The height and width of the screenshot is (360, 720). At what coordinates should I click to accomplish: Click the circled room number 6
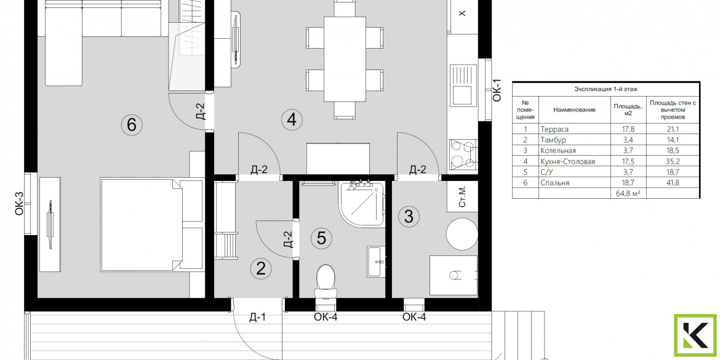(x=132, y=124)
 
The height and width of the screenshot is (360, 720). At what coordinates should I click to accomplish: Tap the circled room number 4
(x=292, y=120)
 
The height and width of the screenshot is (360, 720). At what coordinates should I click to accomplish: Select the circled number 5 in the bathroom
(x=321, y=238)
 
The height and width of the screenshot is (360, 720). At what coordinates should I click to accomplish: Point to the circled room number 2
(x=261, y=269)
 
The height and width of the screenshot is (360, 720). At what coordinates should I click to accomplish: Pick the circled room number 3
(x=409, y=215)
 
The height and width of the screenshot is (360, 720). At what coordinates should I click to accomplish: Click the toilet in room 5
(x=326, y=280)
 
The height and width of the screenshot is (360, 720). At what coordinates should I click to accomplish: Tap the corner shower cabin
(x=361, y=204)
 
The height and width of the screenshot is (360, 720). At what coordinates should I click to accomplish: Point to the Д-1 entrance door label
(x=258, y=317)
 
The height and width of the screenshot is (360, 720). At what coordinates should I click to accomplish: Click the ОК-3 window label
(x=19, y=204)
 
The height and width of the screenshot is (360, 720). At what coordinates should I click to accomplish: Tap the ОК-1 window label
(x=497, y=90)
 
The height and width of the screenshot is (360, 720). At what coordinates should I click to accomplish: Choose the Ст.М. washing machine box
(x=462, y=196)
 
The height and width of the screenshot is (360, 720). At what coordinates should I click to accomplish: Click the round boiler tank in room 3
(x=462, y=234)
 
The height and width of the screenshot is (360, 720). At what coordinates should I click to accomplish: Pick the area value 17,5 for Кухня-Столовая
(x=628, y=162)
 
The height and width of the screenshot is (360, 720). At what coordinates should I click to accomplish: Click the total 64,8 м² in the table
(x=628, y=194)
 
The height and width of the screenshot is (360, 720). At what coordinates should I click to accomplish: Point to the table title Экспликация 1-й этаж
(x=606, y=90)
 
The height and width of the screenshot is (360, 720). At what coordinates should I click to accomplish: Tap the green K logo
(x=695, y=336)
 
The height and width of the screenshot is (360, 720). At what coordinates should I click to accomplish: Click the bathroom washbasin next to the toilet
(x=376, y=262)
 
